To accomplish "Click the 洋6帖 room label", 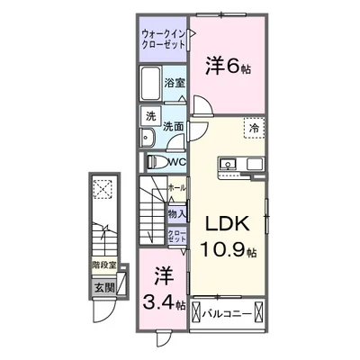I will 227,66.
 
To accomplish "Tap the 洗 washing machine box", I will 151,115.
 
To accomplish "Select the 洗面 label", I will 174,127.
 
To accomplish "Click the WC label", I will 176,162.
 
